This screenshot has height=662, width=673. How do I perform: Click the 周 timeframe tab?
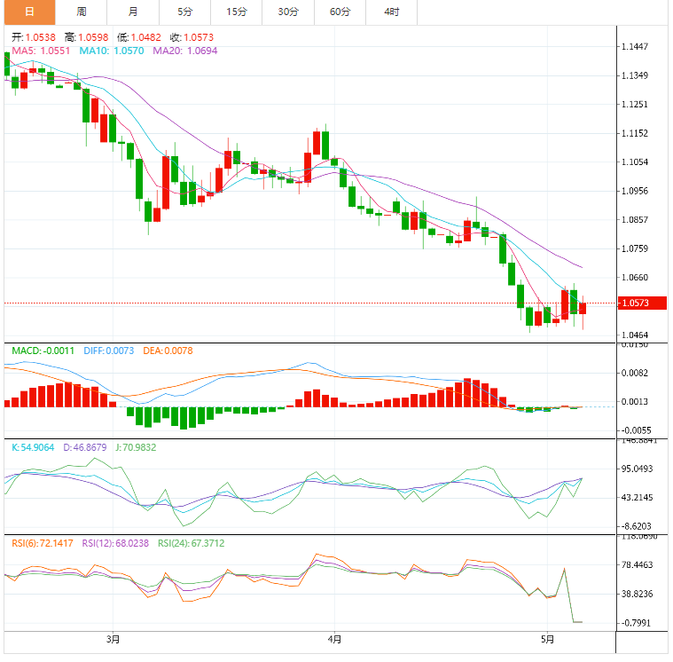[82, 12]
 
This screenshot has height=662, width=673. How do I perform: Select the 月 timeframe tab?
[133, 12]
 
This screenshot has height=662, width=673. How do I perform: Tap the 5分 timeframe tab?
[184, 12]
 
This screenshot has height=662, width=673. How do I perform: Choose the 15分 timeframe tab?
[236, 12]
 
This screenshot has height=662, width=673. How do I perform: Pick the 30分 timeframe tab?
[287, 12]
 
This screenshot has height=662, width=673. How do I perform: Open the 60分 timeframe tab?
[340, 12]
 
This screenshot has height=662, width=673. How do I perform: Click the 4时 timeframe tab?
[391, 12]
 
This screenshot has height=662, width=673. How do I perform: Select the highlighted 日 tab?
[28, 12]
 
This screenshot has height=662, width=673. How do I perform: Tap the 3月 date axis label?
[113, 638]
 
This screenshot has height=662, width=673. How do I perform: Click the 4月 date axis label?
[334, 638]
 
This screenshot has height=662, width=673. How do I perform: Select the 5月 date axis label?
[548, 638]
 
